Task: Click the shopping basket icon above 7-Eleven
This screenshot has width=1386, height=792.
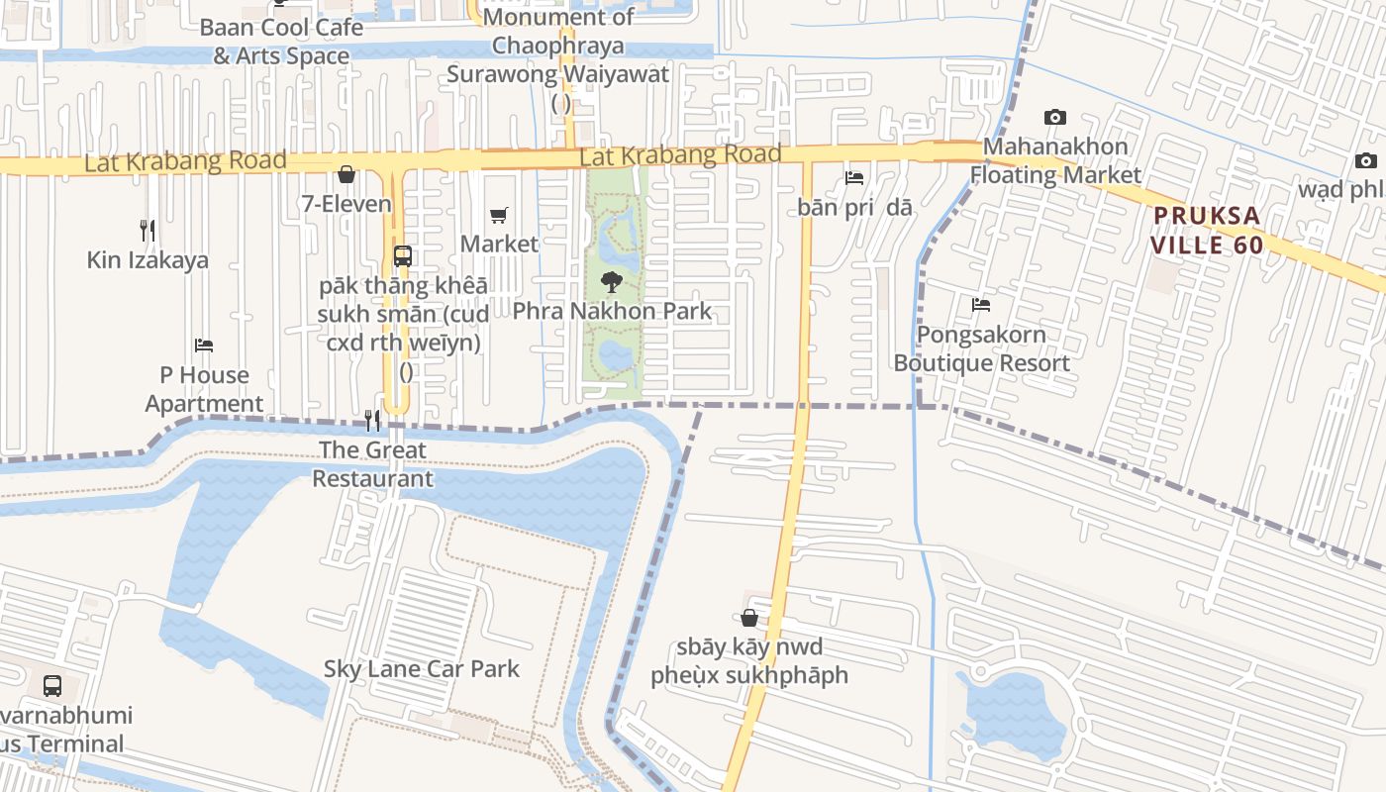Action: click(x=346, y=175)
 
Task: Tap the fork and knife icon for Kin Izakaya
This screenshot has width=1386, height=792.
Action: click(x=148, y=231)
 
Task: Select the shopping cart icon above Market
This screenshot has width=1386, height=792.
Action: click(x=499, y=215)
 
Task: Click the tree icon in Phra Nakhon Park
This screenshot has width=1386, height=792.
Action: click(x=612, y=282)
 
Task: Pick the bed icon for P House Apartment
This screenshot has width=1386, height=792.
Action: click(x=204, y=346)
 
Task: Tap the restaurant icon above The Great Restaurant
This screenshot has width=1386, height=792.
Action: click(x=372, y=421)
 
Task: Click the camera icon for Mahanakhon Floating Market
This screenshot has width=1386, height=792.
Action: click(x=1055, y=117)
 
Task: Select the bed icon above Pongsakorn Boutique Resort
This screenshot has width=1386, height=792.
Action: click(x=981, y=305)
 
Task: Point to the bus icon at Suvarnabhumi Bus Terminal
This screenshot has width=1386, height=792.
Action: click(x=52, y=685)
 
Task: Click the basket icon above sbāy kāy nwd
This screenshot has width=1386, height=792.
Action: click(x=749, y=618)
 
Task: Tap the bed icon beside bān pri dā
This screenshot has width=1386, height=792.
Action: click(x=854, y=178)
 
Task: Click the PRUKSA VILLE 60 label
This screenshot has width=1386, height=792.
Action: click(x=1207, y=230)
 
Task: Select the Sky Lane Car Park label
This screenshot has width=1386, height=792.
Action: click(x=422, y=668)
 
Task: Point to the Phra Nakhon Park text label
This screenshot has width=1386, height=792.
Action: click(x=612, y=311)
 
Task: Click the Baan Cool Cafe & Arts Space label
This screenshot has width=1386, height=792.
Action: click(x=281, y=42)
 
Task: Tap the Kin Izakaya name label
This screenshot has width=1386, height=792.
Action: click(x=148, y=260)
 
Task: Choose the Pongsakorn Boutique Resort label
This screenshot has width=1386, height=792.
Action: click(x=981, y=348)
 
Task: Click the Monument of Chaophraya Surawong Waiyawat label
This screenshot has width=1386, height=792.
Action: click(x=558, y=46)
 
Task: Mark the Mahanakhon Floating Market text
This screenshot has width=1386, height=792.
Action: click(x=1055, y=160)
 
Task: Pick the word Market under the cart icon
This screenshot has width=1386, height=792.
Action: click(x=499, y=244)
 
